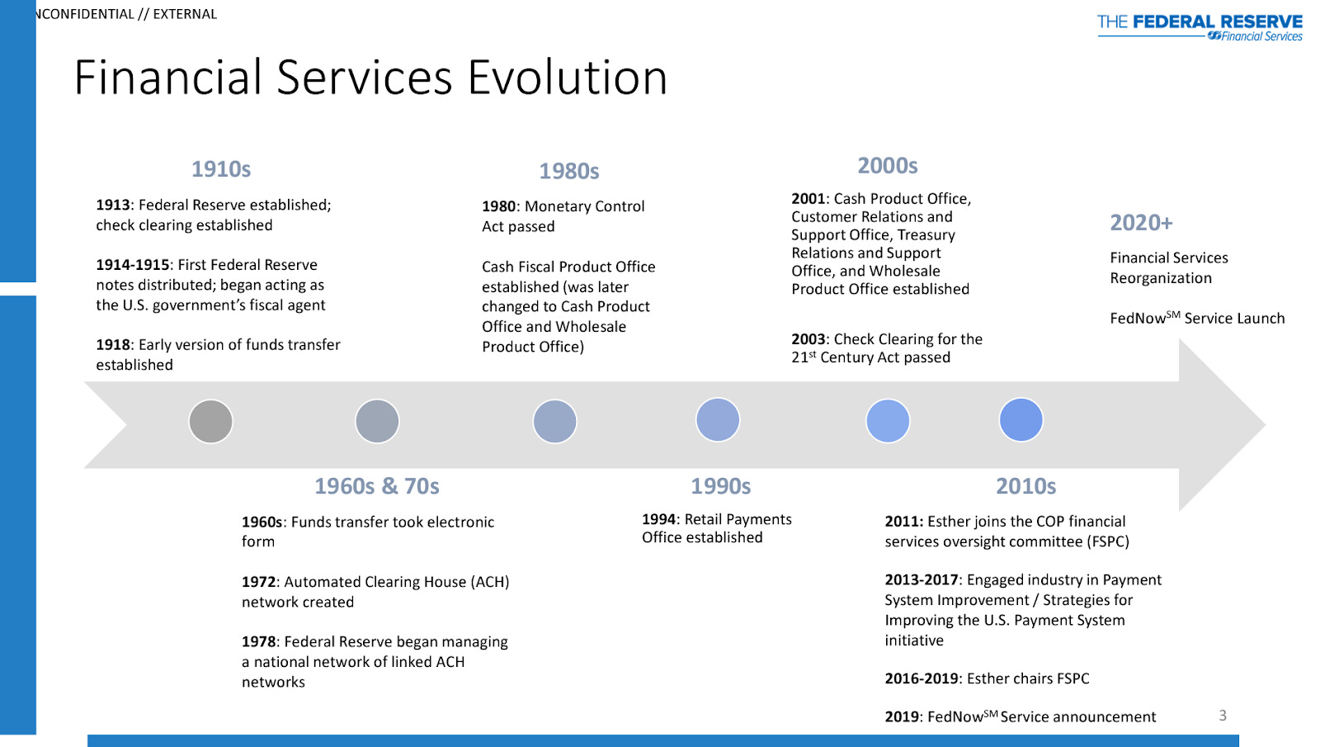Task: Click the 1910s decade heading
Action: (221, 169)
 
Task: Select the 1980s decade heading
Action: (569, 171)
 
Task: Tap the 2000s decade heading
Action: (888, 166)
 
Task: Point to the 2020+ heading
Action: (1141, 223)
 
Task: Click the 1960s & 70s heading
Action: (377, 486)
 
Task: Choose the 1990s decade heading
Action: (720, 486)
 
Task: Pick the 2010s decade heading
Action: (1025, 486)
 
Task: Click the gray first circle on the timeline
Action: (210, 422)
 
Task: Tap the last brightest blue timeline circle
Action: (1021, 420)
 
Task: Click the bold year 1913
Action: (113, 205)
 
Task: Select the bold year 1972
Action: (259, 582)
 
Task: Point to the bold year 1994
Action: (659, 519)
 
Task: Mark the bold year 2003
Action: (808, 339)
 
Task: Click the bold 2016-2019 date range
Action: (922, 678)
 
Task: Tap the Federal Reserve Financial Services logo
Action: (1200, 27)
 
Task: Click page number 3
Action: (1223, 716)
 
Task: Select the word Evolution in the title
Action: (568, 78)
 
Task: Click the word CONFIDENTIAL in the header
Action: (87, 14)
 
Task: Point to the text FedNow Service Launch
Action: (1197, 319)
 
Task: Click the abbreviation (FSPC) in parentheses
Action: (1108, 541)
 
